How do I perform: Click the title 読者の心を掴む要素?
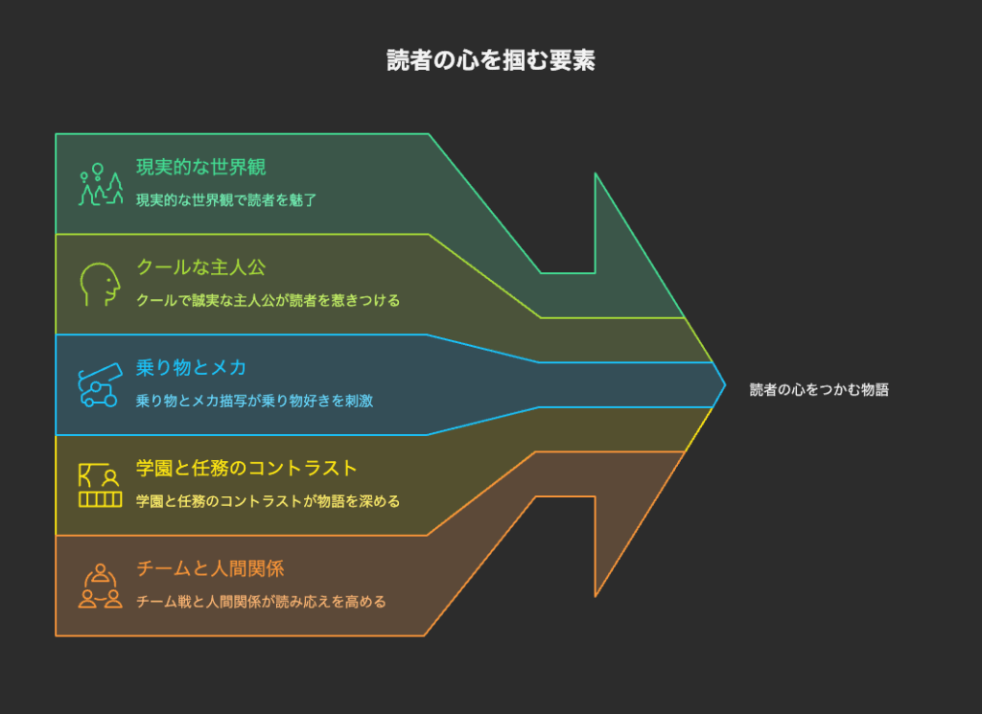[490, 60]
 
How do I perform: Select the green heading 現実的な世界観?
[201, 167]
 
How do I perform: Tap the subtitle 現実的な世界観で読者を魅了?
[226, 200]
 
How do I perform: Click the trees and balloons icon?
[100, 184]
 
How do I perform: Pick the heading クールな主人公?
[201, 267]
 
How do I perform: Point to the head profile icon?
[100, 284]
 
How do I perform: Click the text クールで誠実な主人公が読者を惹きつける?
[269, 300]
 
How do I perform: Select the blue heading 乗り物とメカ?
[191, 367]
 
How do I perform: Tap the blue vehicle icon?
[100, 385]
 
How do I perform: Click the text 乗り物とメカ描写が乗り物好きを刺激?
[254, 401]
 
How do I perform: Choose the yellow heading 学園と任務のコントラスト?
[246, 468]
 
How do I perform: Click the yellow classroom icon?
[100, 485]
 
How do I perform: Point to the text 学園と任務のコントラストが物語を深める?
[269, 501]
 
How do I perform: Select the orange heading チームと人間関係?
[210, 568]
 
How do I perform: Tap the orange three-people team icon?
[100, 586]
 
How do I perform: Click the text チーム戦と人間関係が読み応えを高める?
[261, 601]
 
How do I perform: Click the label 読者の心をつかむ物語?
[819, 390]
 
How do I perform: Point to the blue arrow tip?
[725, 385]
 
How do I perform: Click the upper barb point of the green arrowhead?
[595, 173]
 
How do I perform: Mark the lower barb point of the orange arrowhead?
[595, 596]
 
